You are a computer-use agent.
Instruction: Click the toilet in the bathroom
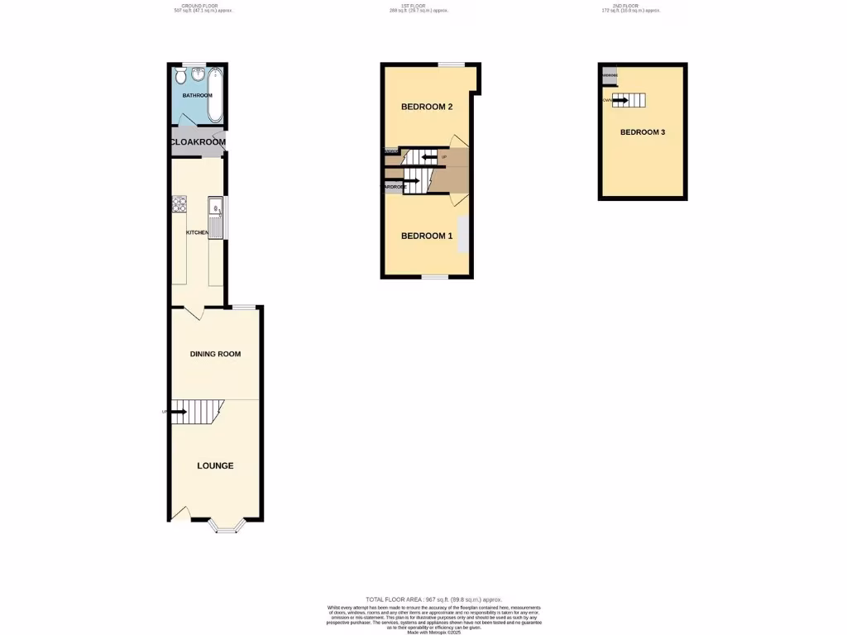pyautogui.click(x=181, y=75)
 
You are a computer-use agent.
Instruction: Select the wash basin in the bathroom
pyautogui.click(x=199, y=75)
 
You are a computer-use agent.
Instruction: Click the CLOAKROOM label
pyautogui.click(x=198, y=142)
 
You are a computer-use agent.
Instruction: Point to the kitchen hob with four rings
pyautogui.click(x=178, y=204)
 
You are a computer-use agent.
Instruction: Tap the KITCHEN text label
pyautogui.click(x=197, y=233)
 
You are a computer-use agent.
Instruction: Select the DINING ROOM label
pyautogui.click(x=215, y=354)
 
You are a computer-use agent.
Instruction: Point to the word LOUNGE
pyautogui.click(x=215, y=466)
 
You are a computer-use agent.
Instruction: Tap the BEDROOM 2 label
pyautogui.click(x=427, y=107)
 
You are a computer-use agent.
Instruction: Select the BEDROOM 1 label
pyautogui.click(x=427, y=236)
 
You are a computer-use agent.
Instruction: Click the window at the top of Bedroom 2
pyautogui.click(x=451, y=64)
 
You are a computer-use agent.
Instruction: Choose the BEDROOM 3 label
pyautogui.click(x=643, y=132)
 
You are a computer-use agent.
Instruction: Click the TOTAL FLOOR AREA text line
pyautogui.click(x=433, y=599)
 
